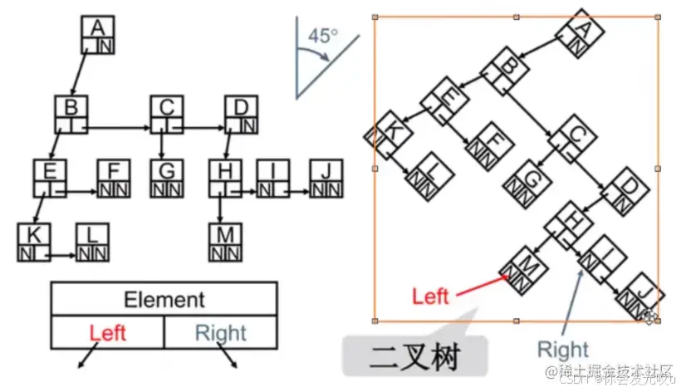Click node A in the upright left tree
click(98, 35)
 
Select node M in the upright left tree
click(224, 242)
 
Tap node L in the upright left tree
click(91, 242)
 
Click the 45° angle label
click(323, 37)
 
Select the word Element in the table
click(164, 299)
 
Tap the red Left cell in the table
click(108, 333)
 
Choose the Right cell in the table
click(220, 333)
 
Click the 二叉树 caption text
click(407, 358)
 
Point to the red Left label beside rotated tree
click(430, 296)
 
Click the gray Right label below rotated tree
click(562, 349)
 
